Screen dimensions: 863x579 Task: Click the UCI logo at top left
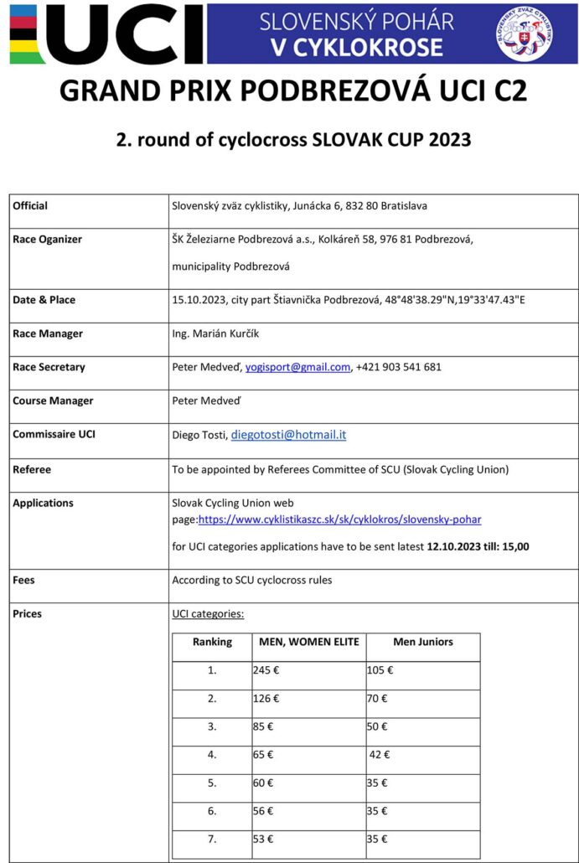[x=105, y=34]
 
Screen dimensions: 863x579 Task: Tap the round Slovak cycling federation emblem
[x=525, y=34]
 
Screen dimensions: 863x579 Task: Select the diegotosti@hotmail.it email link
[x=288, y=435]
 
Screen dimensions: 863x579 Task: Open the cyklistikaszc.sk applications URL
[x=339, y=519]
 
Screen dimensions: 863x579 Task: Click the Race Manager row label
[x=48, y=333]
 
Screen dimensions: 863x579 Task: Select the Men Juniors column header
[x=422, y=643]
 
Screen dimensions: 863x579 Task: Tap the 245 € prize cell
[x=266, y=670]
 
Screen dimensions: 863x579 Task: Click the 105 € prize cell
[x=380, y=670]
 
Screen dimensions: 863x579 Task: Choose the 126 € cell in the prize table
[x=266, y=698]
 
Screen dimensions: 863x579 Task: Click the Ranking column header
[x=212, y=643]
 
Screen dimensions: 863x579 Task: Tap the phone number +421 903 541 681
[x=399, y=367]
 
